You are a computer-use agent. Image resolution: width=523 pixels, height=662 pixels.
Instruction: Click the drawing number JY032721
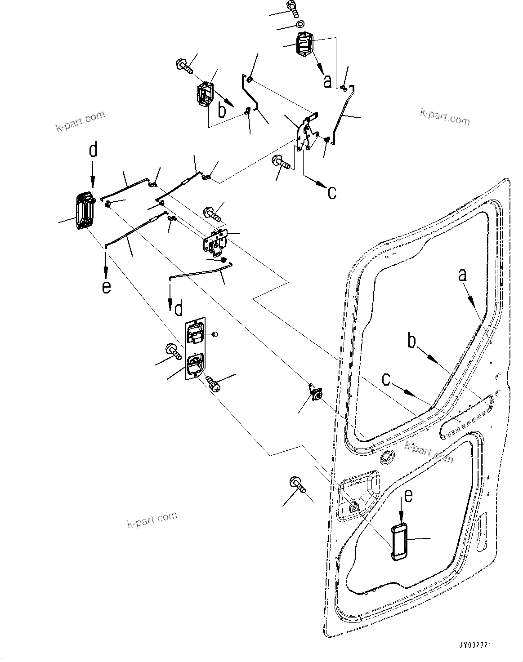click(x=475, y=645)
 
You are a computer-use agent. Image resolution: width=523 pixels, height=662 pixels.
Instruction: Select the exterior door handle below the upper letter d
click(x=85, y=212)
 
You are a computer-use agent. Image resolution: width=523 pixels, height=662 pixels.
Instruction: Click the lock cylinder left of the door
click(x=317, y=394)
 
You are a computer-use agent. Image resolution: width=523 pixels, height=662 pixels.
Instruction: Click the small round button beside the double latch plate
click(x=214, y=334)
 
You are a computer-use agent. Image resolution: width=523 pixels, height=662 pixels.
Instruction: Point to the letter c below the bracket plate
click(x=331, y=193)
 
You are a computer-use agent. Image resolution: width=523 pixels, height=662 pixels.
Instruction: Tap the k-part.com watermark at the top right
click(x=445, y=117)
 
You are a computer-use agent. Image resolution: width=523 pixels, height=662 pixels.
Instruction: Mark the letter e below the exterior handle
click(x=106, y=286)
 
